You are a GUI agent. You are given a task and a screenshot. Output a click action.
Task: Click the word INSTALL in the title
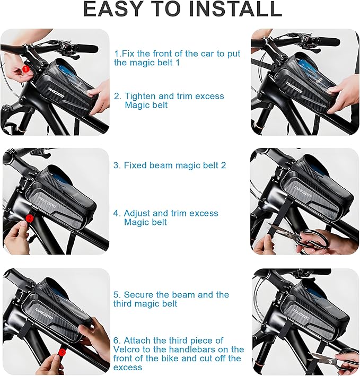coord(235,8)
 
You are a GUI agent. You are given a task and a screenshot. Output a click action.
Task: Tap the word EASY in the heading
coord(113,8)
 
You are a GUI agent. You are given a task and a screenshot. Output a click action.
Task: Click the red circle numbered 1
coord(26,69)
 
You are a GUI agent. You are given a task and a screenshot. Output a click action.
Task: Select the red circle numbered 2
coord(29,218)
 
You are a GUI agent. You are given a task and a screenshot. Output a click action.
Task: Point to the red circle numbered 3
coord(62,352)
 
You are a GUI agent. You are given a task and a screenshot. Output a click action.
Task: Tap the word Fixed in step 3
coord(135,165)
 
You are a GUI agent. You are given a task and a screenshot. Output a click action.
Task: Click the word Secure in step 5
coord(138,295)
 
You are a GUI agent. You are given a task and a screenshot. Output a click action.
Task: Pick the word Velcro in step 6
coord(126,349)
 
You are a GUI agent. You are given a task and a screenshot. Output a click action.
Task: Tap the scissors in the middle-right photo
coord(300,237)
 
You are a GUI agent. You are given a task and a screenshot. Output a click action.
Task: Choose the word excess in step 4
coord(203,213)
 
